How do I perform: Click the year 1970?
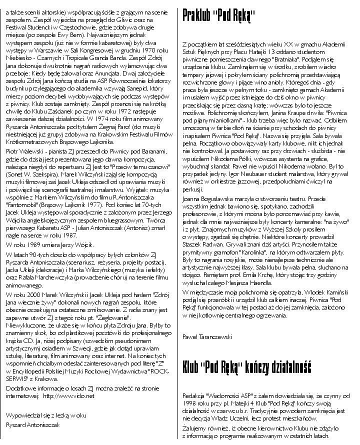(x=145, y=50)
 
